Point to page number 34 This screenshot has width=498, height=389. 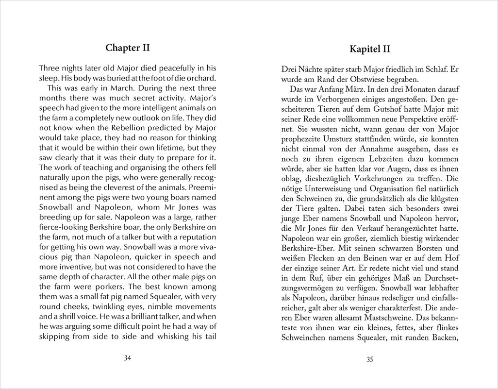128,358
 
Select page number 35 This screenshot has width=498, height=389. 369,360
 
